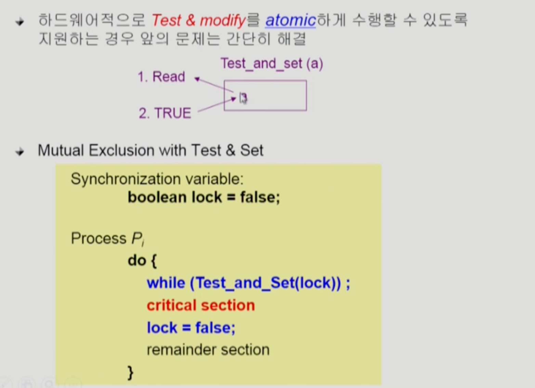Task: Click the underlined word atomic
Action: pyautogui.click(x=290, y=21)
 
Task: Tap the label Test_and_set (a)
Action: pyautogui.click(x=272, y=64)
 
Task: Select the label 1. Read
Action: pyautogui.click(x=161, y=77)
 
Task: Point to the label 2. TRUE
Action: pyautogui.click(x=165, y=113)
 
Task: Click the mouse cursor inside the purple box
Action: pyautogui.click(x=243, y=98)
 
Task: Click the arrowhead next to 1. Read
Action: pyautogui.click(x=197, y=79)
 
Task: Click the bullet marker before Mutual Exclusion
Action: pyautogui.click(x=20, y=151)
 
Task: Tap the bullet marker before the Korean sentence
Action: pyautogui.click(x=20, y=22)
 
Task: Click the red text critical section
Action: pyautogui.click(x=201, y=305)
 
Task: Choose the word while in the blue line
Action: pyautogui.click(x=166, y=283)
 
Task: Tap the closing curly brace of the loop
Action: pyautogui.click(x=130, y=372)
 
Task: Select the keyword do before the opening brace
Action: pyautogui.click(x=137, y=260)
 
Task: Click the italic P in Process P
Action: pyautogui.click(x=137, y=238)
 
